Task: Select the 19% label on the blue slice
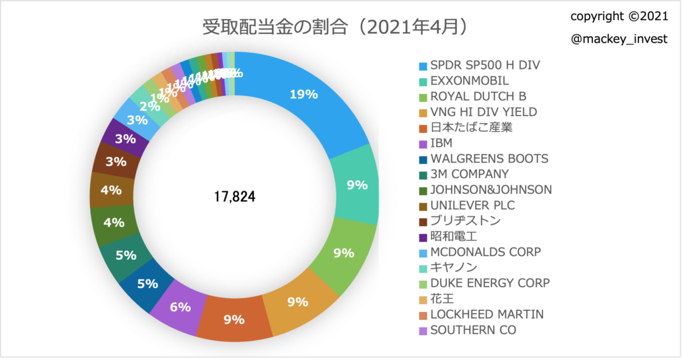click(303, 95)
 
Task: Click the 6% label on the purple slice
click(180, 307)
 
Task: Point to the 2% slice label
click(149, 105)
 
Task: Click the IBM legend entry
click(442, 143)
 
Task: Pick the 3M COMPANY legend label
click(470, 174)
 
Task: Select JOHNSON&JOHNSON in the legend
click(491, 190)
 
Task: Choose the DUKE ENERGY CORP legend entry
click(490, 283)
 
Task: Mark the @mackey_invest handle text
click(620, 39)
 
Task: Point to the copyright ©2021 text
click(620, 15)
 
